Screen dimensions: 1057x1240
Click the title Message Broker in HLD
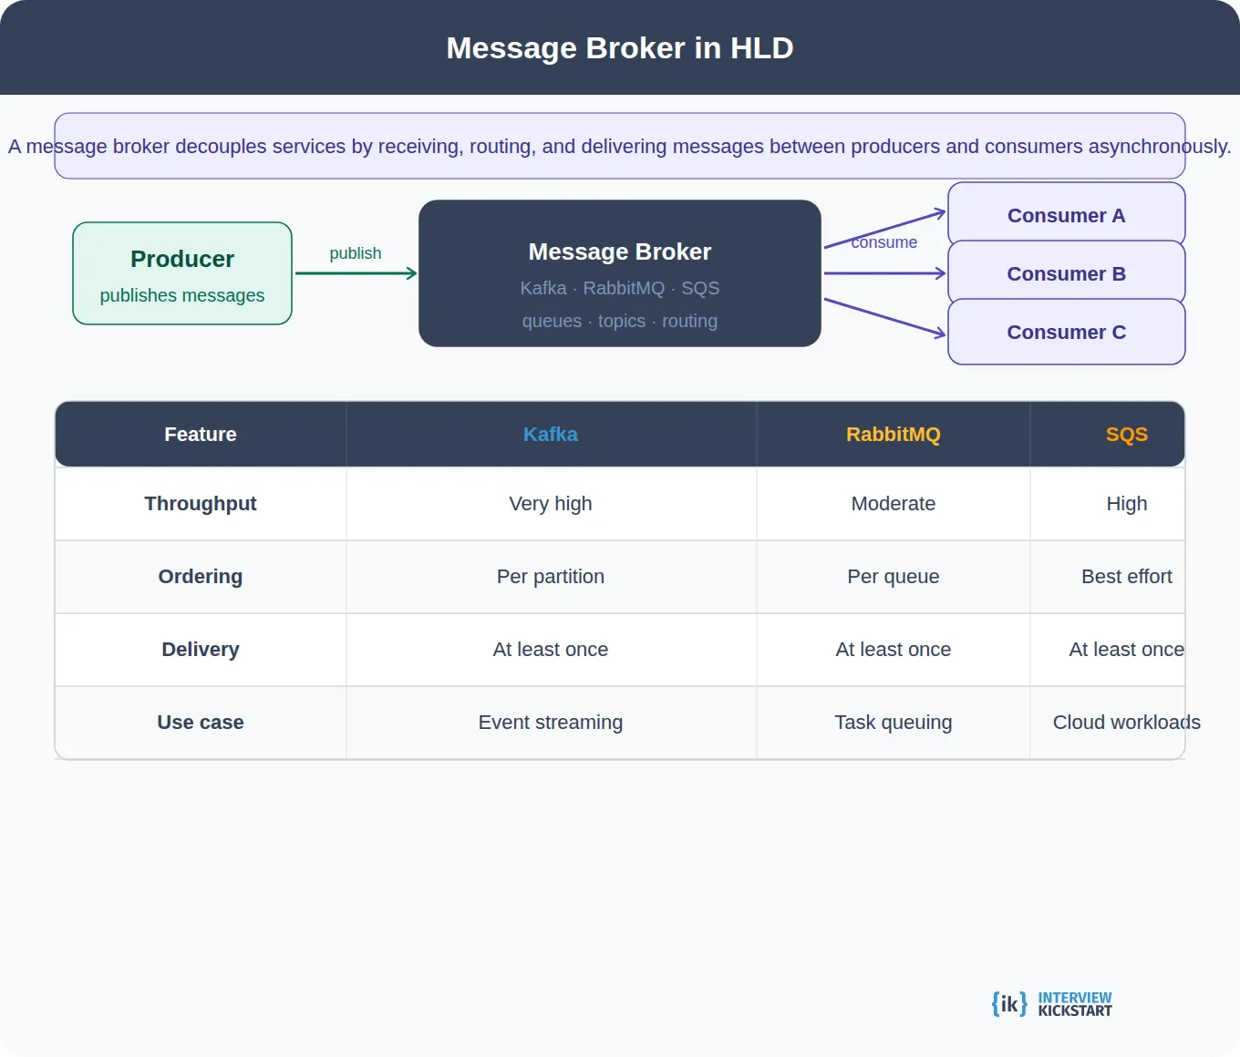pos(620,48)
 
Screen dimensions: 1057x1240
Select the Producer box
pos(182,273)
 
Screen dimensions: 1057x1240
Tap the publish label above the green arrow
pos(356,253)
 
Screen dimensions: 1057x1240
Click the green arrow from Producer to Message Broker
pos(356,273)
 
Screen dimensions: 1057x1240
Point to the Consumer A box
pos(1066,215)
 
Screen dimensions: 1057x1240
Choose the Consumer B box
pos(1066,273)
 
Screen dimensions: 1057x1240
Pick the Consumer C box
pos(1066,332)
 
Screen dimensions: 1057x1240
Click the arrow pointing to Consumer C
pos(884,317)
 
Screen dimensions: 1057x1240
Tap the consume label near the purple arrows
pos(884,242)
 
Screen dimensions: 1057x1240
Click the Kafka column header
pos(551,435)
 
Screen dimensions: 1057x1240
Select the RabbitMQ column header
pos(893,435)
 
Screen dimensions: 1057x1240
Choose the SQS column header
pos(1126,435)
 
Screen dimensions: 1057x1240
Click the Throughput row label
pos(201,504)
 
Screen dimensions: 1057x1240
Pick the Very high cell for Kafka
pos(551,504)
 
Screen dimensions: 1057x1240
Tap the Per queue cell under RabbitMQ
pos(893,577)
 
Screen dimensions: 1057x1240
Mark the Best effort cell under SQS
pos(1126,577)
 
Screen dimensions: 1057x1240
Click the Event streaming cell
pos(551,723)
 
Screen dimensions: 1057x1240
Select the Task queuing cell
pos(893,723)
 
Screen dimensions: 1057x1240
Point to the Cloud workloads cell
pos(1126,723)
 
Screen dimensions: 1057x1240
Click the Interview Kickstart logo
pos(1052,1004)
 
